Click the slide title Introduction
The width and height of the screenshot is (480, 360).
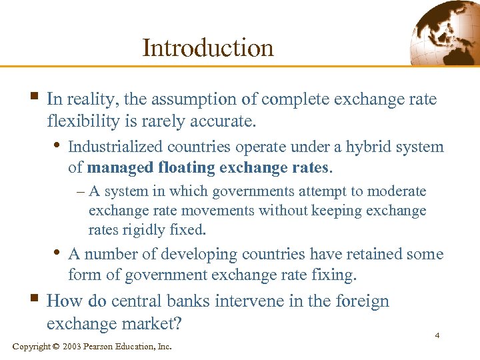pos(208,47)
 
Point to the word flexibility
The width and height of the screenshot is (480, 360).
pos(82,122)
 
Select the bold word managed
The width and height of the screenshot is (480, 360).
pos(119,167)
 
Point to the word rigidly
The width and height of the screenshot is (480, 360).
pos(137,230)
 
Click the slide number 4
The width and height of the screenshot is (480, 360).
pos(437,335)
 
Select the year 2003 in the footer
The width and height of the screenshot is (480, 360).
pos(74,347)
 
